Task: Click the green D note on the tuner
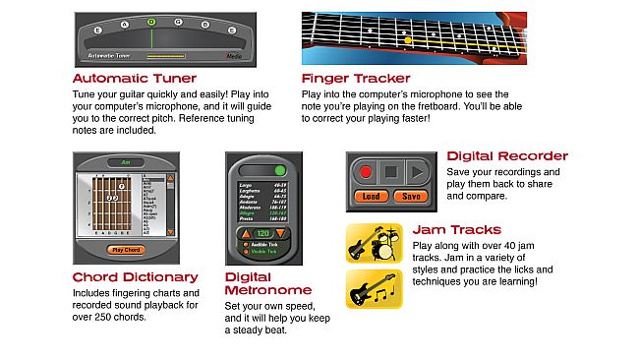coord(150,21)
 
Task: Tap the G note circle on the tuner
coord(178,23)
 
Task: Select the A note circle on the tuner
coord(124,23)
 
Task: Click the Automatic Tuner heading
coord(135,78)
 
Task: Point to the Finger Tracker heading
coord(356,78)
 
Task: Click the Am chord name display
coord(126,162)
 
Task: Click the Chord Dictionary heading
coord(135,277)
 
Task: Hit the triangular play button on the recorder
coord(417,171)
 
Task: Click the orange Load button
coord(372,196)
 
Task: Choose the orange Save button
coord(412,196)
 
